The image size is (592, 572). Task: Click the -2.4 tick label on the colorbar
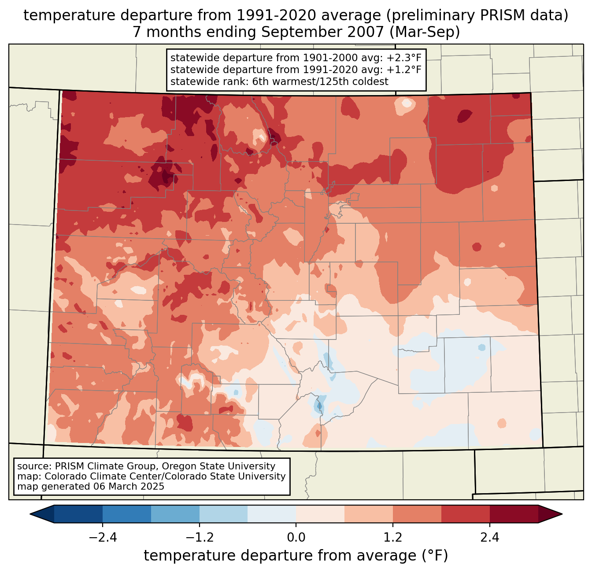[103, 538]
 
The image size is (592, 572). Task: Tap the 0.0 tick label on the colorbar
[296, 538]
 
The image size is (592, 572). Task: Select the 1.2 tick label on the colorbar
[393, 538]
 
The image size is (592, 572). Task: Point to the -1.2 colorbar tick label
[200, 538]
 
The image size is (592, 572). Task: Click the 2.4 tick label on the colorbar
[490, 538]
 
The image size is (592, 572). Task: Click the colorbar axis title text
[296, 556]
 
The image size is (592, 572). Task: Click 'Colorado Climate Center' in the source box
[94, 476]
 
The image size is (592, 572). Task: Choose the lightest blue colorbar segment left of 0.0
[272, 514]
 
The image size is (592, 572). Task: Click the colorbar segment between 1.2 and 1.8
[417, 514]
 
